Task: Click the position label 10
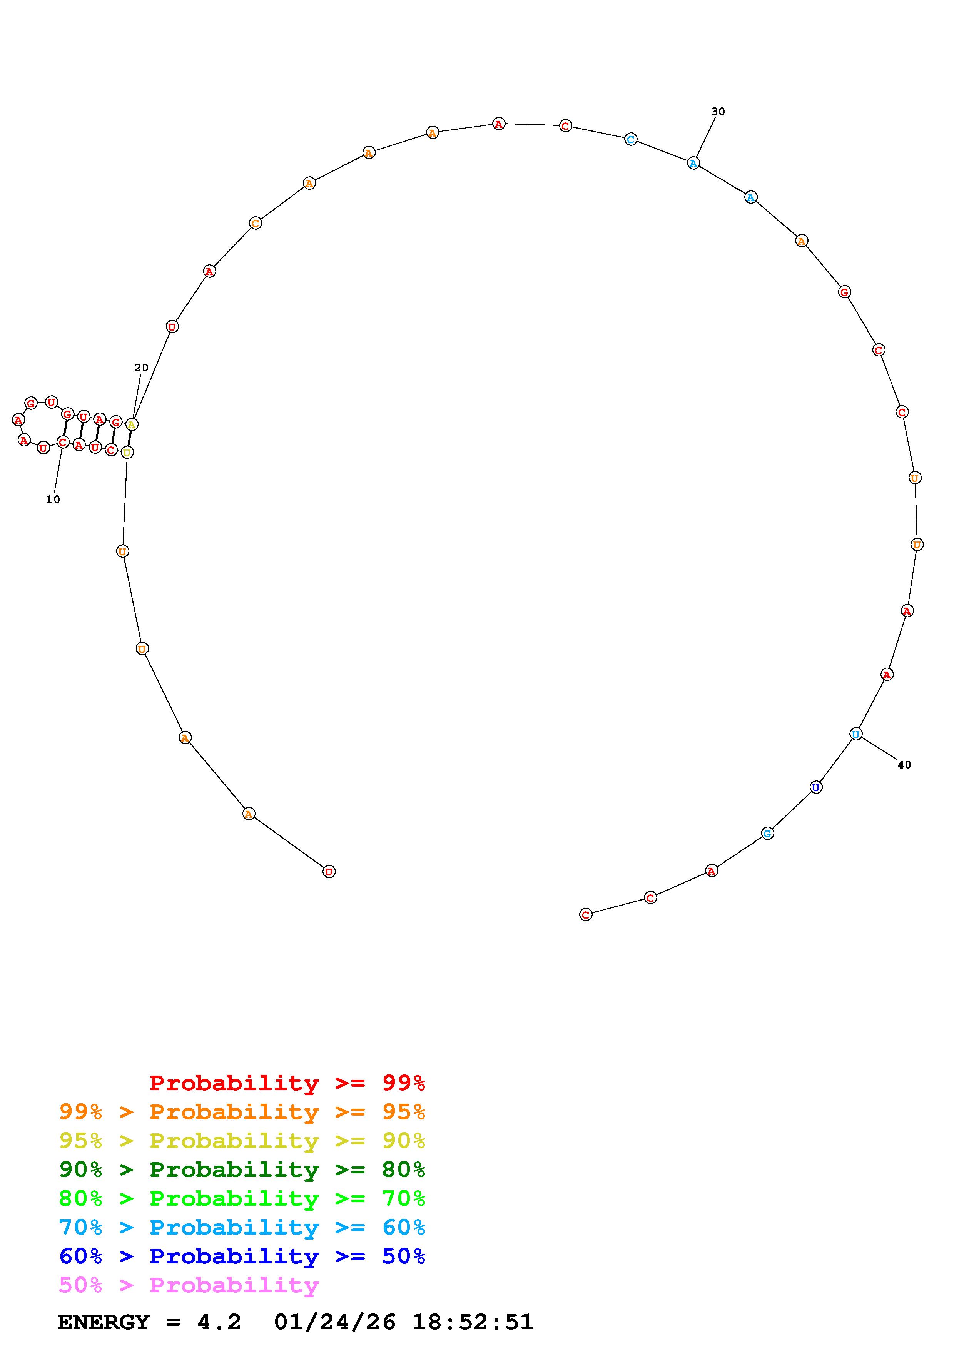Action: coord(53,499)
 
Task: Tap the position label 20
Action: coord(141,368)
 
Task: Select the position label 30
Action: coord(718,111)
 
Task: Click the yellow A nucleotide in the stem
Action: coord(132,424)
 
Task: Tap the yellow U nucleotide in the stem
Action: coord(127,452)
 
